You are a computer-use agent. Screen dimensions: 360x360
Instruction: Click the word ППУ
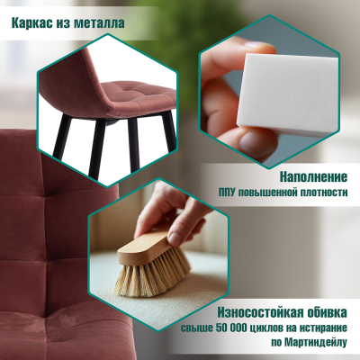[231, 192]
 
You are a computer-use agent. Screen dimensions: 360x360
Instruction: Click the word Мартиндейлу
[317, 344]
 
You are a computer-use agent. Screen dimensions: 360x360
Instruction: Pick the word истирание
[321, 328]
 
